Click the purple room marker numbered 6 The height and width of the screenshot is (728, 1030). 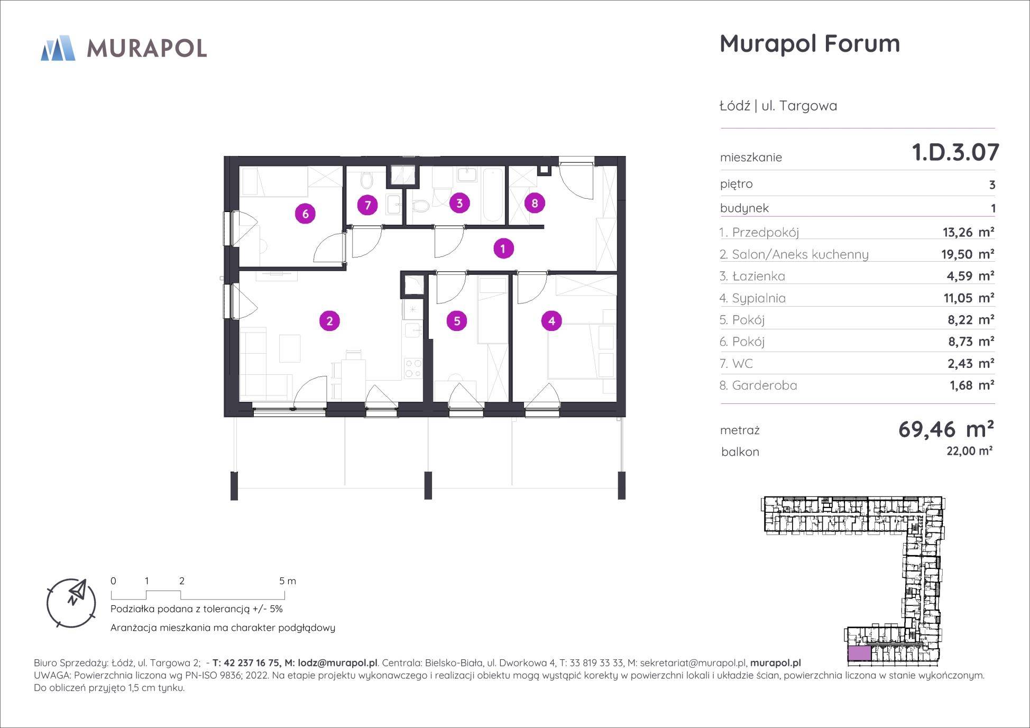pyautogui.click(x=305, y=214)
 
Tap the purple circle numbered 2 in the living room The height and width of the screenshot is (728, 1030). pyautogui.click(x=329, y=321)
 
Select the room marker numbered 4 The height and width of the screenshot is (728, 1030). pyautogui.click(x=551, y=321)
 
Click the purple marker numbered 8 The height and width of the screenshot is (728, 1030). pyautogui.click(x=535, y=203)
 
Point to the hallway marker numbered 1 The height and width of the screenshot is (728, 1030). pyautogui.click(x=503, y=248)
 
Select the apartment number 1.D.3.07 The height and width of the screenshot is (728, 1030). pyautogui.click(x=955, y=152)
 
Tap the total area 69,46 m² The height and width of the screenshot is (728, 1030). pyautogui.click(x=946, y=429)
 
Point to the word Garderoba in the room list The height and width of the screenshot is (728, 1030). pyautogui.click(x=764, y=385)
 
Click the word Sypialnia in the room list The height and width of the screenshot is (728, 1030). pyautogui.click(x=759, y=299)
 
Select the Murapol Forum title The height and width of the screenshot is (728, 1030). pyautogui.click(x=810, y=43)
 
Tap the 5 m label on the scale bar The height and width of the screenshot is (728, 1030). pyautogui.click(x=288, y=580)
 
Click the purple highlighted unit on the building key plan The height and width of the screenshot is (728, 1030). pyautogui.click(x=859, y=654)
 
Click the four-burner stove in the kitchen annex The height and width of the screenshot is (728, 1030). pyautogui.click(x=413, y=368)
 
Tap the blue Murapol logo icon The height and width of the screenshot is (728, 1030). pyautogui.click(x=58, y=48)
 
